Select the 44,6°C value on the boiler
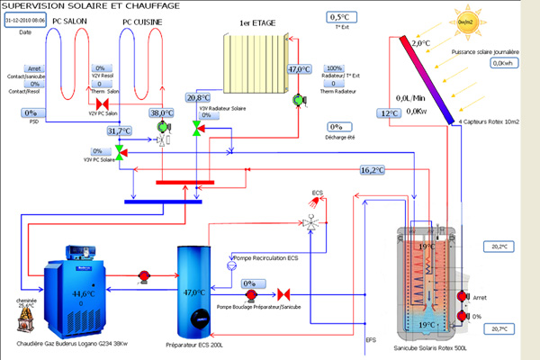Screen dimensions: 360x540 pos(84,293)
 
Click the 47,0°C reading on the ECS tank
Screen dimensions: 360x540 pos(194,292)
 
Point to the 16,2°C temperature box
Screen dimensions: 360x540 pos(372,169)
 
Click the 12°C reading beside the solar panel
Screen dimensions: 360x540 pos(388,113)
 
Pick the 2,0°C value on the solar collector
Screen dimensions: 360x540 pos(421,42)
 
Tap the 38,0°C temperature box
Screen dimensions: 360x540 pos(160,112)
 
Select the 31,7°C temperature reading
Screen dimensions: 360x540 pos(119,130)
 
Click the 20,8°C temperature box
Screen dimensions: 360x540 pos(198,97)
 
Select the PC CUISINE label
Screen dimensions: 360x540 pos(141,20)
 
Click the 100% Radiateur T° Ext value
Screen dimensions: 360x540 pos(334,68)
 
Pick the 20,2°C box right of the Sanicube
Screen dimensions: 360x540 pos(499,246)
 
